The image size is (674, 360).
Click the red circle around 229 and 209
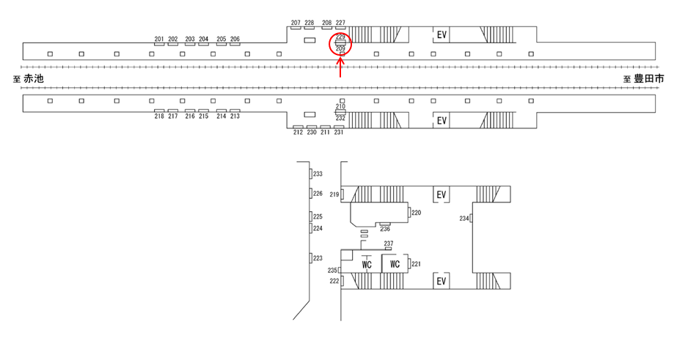click(340, 43)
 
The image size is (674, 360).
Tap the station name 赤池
click(34, 78)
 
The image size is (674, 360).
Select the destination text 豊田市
click(648, 78)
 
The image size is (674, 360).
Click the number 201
click(159, 39)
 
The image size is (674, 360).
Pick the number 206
click(235, 39)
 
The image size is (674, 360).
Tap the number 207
click(296, 23)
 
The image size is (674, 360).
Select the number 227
click(340, 23)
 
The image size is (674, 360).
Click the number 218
click(159, 116)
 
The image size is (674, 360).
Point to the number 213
click(235, 116)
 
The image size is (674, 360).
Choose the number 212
click(298, 132)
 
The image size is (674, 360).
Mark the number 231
click(339, 132)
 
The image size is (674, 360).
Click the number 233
click(318, 174)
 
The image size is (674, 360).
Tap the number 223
click(318, 258)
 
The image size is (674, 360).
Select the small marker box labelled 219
click(343, 194)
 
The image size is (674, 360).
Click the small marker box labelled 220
click(409, 213)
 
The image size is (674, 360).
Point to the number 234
click(464, 218)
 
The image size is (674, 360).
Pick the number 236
click(384, 229)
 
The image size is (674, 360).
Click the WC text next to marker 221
click(395, 264)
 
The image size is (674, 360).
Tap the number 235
click(331, 271)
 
